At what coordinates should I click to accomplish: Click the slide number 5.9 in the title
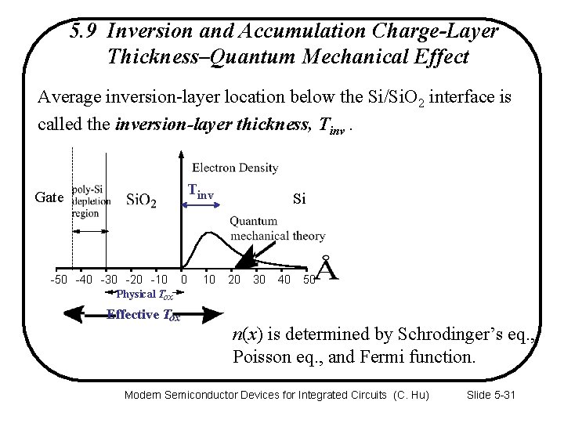(83, 31)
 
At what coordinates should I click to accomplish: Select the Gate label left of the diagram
(49, 197)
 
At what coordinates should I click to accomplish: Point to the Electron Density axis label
(235, 167)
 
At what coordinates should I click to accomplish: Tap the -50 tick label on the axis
(59, 279)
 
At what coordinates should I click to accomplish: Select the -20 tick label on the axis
(135, 279)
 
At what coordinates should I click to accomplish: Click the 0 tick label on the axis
(183, 279)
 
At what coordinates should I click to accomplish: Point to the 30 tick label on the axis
(258, 279)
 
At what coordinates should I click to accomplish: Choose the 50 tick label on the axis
(309, 279)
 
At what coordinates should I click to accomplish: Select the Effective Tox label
(143, 316)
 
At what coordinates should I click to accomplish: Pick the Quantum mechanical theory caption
(277, 228)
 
